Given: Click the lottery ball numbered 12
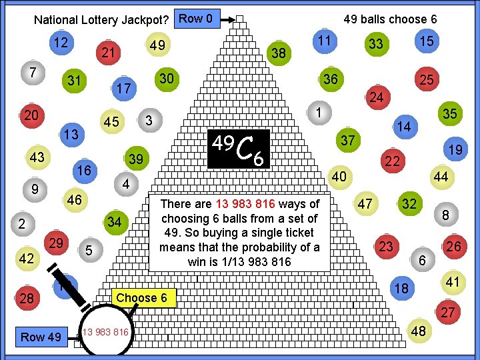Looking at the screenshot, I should click(62, 43).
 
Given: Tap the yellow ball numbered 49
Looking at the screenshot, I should click(157, 45).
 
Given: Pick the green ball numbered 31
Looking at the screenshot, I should click(75, 81).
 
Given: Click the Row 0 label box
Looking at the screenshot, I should click(195, 19).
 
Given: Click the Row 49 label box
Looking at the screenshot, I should click(41, 337).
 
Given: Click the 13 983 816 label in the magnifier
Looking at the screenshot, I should click(106, 332).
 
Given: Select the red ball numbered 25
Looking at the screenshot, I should click(426, 81).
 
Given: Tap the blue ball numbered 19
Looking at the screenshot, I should click(455, 151).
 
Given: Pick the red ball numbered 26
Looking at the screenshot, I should click(454, 247).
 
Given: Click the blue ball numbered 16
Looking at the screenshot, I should click(84, 171).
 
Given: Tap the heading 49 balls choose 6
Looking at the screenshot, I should click(390, 19).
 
